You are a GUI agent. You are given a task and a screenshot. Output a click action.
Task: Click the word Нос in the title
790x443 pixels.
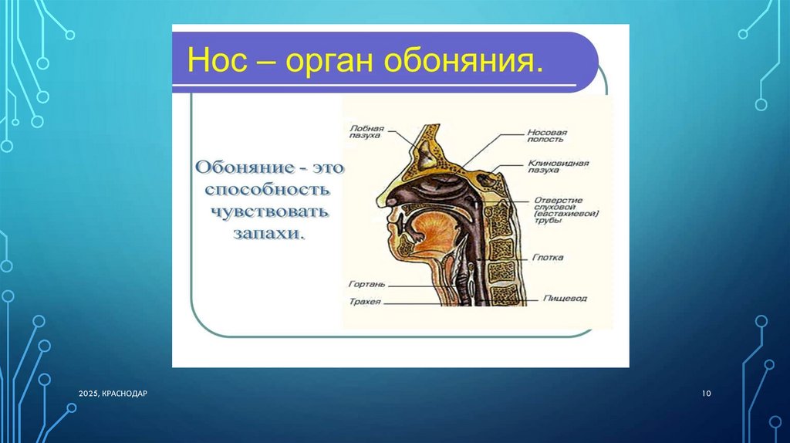(x=218, y=60)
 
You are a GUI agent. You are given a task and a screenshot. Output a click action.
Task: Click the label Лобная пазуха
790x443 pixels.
(x=366, y=132)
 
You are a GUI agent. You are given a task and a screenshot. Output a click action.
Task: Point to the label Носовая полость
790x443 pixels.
(x=547, y=136)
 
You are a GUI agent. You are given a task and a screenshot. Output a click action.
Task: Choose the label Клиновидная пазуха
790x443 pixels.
(x=559, y=166)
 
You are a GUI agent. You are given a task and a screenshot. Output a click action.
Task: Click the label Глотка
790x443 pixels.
(x=548, y=258)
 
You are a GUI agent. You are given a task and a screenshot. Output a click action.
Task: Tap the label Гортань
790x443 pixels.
(x=366, y=284)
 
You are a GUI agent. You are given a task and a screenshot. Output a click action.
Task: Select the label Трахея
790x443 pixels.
(x=365, y=302)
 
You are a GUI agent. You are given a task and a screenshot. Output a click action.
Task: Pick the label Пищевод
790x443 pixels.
(x=565, y=299)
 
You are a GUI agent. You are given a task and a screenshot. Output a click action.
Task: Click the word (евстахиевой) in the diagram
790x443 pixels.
(x=566, y=214)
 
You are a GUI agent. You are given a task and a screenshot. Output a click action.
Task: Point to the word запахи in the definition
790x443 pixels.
(x=269, y=234)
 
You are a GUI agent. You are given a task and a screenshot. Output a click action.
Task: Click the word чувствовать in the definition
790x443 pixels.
(x=269, y=211)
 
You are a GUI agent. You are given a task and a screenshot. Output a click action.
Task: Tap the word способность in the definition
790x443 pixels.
(x=268, y=190)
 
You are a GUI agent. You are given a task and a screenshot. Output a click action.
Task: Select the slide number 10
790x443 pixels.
(x=707, y=393)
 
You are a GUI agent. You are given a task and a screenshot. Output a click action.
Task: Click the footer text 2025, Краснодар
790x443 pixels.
(x=113, y=393)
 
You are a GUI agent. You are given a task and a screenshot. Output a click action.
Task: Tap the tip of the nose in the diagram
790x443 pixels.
(x=378, y=201)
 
